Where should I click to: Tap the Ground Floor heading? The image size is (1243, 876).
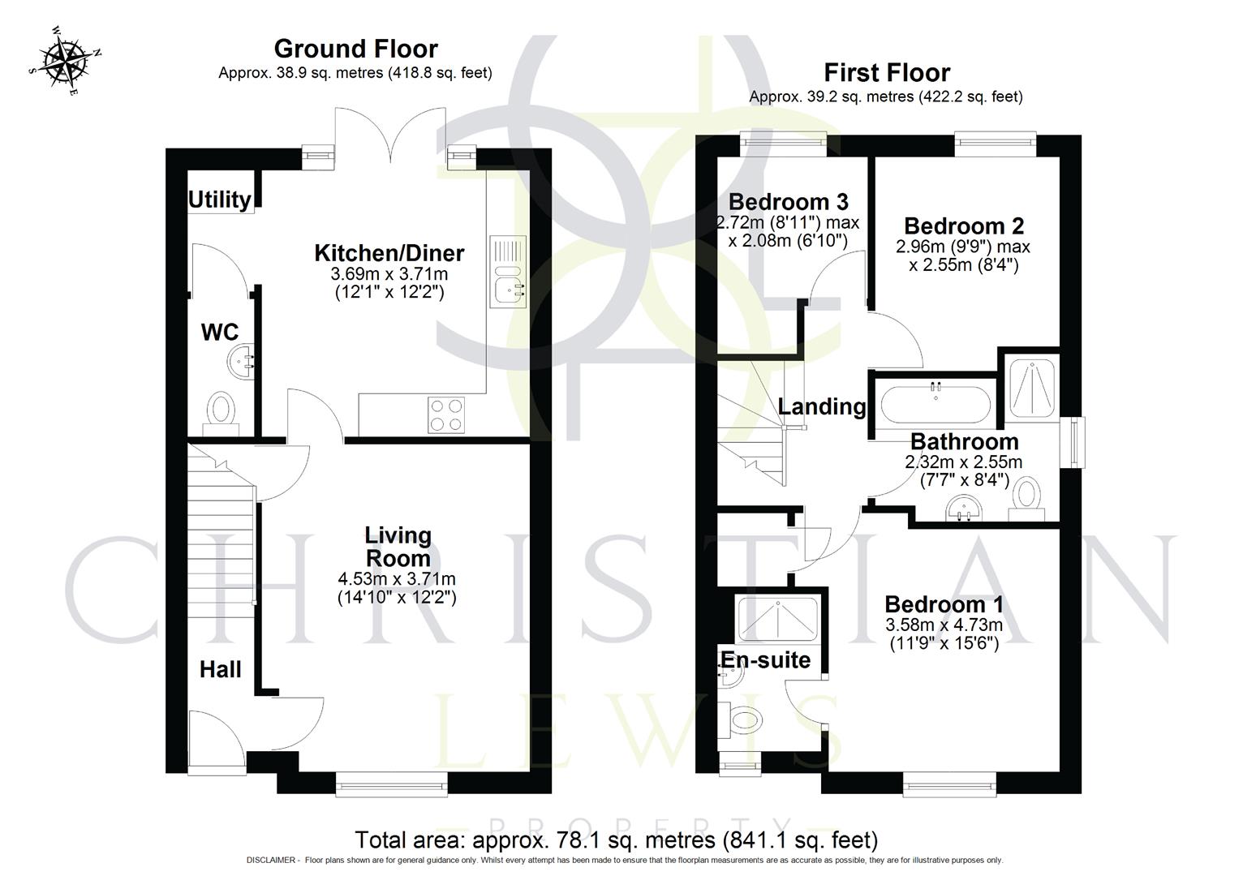point(355,49)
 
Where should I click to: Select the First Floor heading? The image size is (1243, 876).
point(886,73)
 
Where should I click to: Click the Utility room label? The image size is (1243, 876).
point(219,200)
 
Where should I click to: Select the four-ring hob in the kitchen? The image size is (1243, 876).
point(445,414)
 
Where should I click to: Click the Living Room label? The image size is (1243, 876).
point(398,547)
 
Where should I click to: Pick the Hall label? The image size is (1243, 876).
point(221,670)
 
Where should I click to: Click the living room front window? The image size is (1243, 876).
point(392,783)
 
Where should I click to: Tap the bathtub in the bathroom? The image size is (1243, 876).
point(935,400)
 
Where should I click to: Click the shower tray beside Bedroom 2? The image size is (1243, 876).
point(1032,388)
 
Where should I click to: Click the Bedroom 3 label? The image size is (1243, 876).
point(789,201)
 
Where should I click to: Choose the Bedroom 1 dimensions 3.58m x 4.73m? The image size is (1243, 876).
point(944,625)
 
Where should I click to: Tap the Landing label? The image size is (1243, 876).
point(821,406)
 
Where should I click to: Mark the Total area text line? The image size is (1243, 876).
point(617,839)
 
